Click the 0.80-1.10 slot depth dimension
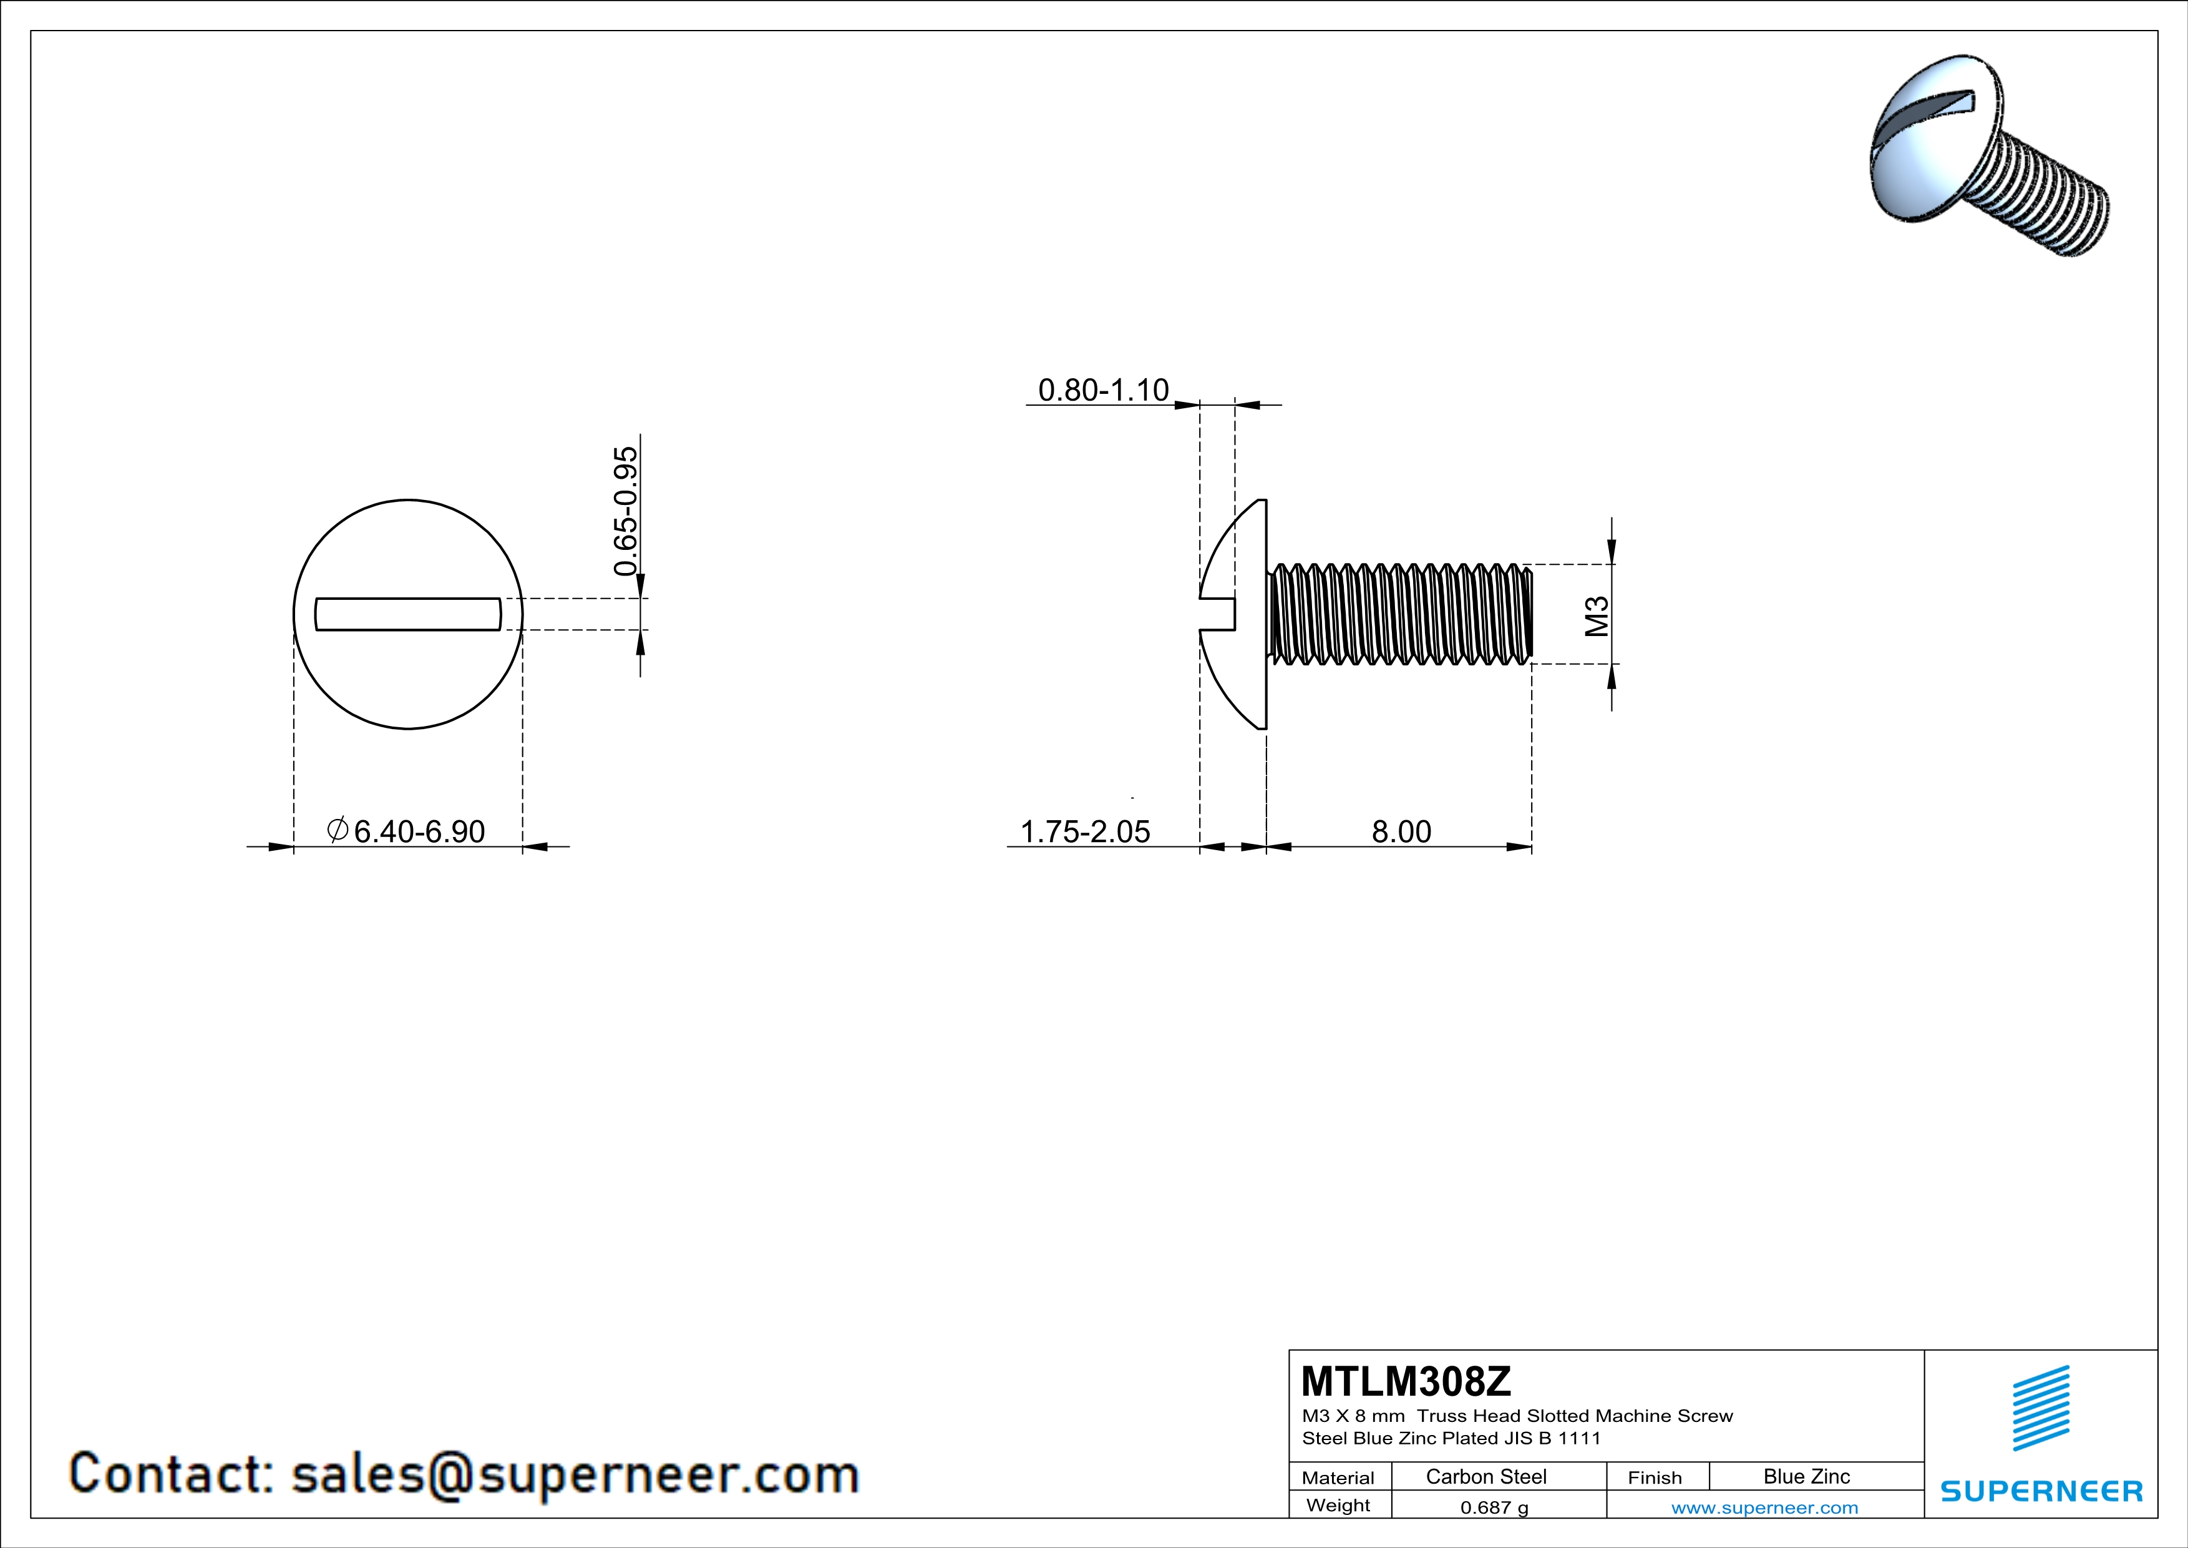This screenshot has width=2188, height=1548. (x=1102, y=390)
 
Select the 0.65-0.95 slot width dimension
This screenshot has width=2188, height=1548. (x=625, y=511)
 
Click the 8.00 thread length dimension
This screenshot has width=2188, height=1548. (x=1401, y=831)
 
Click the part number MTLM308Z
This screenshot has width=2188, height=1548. (x=1406, y=1381)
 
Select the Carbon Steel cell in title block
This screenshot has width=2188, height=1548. (x=1485, y=1476)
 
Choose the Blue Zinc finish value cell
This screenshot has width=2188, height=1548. (x=1806, y=1476)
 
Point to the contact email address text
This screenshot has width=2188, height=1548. (x=464, y=1474)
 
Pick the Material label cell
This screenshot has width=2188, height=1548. (x=1338, y=1477)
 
